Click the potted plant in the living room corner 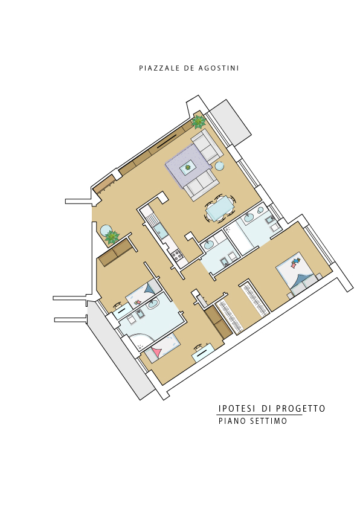(198, 122)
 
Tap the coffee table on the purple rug (188, 167)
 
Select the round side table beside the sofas (219, 166)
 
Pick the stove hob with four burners (178, 255)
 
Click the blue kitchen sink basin (160, 231)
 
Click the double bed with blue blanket (298, 274)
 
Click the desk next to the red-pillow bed (203, 352)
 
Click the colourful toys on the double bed (295, 262)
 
